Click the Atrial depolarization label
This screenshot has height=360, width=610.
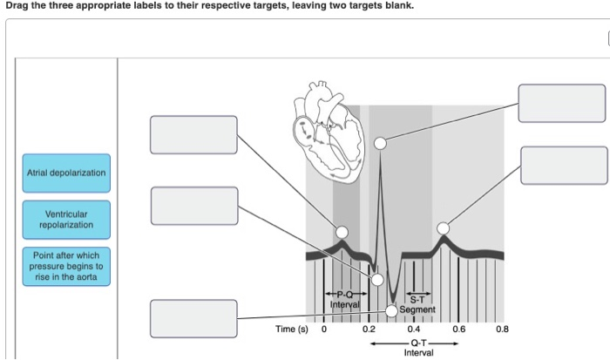click(x=66, y=173)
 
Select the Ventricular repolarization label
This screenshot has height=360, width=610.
click(x=66, y=219)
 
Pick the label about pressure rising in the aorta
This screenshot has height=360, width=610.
click(x=66, y=266)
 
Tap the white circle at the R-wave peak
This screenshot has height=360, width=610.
click(x=379, y=142)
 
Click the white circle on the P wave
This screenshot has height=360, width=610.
click(x=342, y=232)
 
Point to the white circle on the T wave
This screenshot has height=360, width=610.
click(x=444, y=228)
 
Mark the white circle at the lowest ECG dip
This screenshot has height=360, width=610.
click(x=392, y=310)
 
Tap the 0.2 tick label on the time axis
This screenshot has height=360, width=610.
click(x=368, y=329)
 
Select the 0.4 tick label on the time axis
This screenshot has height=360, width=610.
click(x=413, y=329)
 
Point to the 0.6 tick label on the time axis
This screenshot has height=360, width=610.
click(x=458, y=329)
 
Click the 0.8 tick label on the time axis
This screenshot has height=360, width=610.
click(x=502, y=329)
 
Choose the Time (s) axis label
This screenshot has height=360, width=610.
click(x=292, y=329)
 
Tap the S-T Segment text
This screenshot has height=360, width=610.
click(x=417, y=304)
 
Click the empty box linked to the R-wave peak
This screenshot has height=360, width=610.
click(x=561, y=103)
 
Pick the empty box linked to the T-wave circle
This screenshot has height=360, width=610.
click(x=564, y=166)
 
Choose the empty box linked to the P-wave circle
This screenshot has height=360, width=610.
click(x=193, y=134)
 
